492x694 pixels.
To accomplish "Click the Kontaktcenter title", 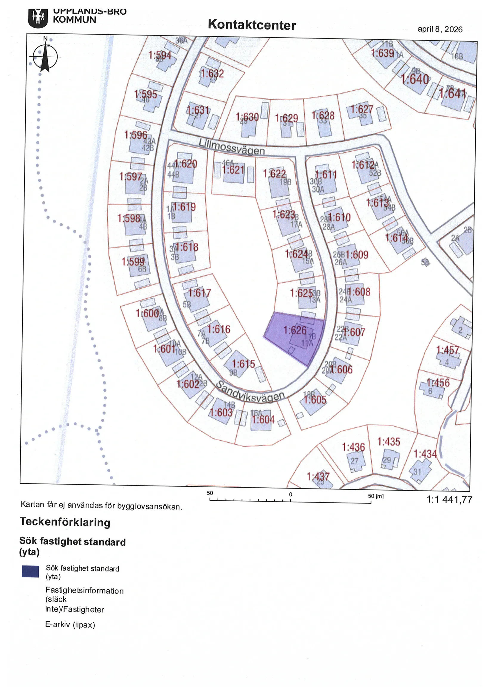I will [x=252, y=25].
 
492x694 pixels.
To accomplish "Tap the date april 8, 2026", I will [x=440, y=30].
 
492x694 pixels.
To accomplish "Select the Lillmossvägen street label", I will [x=232, y=147].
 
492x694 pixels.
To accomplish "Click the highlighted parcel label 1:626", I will [x=295, y=330].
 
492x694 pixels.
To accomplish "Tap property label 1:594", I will [x=160, y=55].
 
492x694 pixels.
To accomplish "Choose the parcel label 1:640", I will [x=415, y=79].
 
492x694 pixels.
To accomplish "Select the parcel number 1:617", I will [x=199, y=293].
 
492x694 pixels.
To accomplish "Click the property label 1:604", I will [x=263, y=420].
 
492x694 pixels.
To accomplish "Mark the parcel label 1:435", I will [x=389, y=442].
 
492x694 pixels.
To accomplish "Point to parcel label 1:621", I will [x=233, y=170].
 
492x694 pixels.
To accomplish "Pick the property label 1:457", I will [x=448, y=350].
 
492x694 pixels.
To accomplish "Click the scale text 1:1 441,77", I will [x=449, y=500].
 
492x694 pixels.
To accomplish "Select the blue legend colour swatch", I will [x=30, y=571].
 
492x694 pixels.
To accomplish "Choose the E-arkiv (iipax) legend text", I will [x=70, y=624].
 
